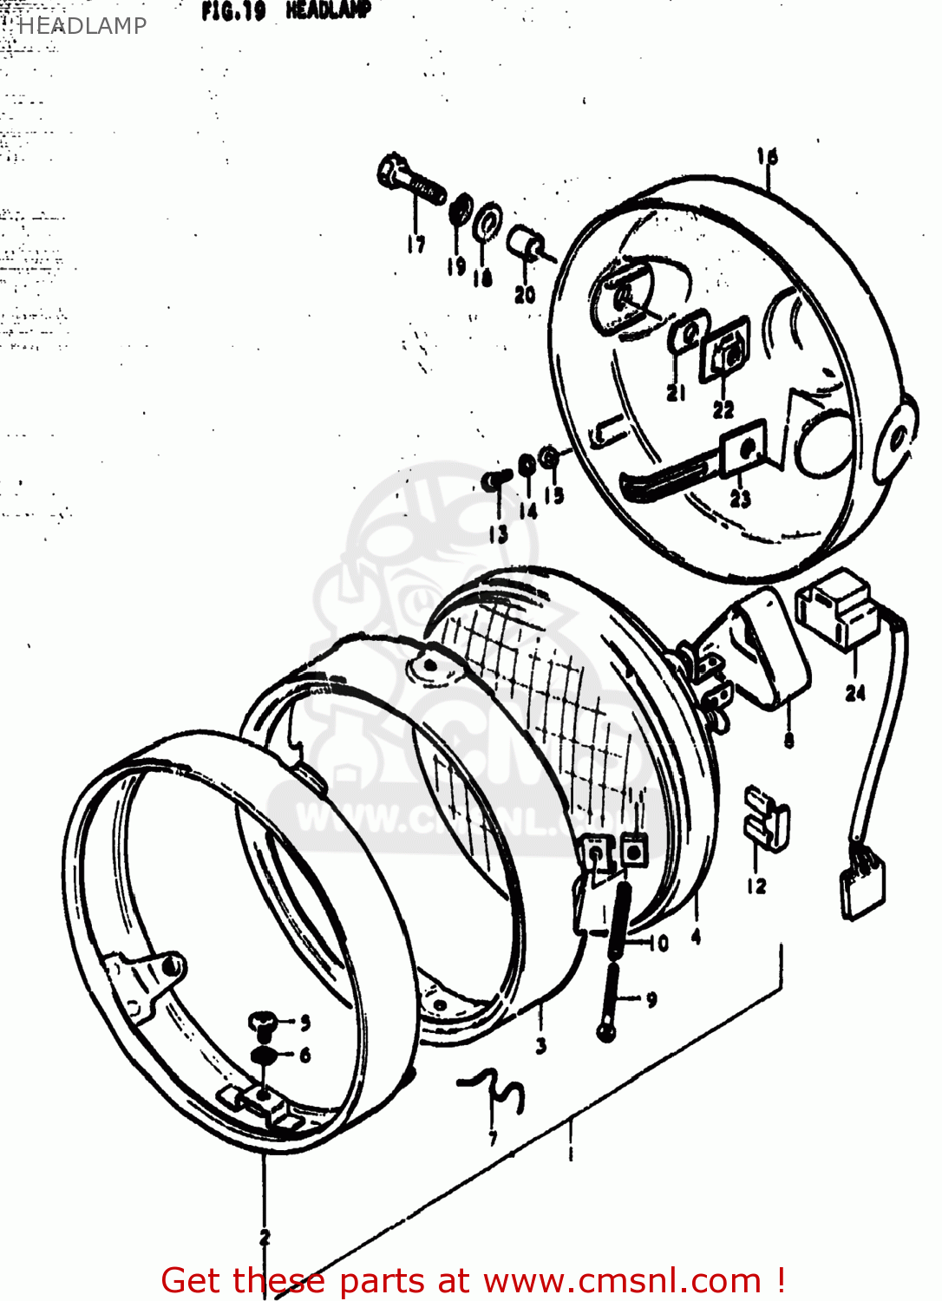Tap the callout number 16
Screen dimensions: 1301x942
click(767, 157)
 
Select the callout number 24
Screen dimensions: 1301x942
click(855, 693)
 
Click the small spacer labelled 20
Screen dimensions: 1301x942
click(527, 245)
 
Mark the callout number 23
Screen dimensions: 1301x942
click(740, 499)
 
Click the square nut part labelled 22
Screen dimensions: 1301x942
click(727, 351)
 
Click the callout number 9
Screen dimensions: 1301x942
click(651, 999)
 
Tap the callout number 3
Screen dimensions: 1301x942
click(541, 1045)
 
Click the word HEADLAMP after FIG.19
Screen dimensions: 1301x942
click(328, 10)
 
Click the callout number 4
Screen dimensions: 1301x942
click(696, 937)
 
